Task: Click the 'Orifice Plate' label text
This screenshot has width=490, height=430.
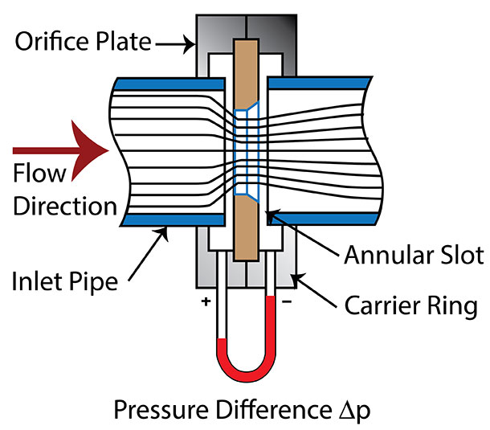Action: coord(85,40)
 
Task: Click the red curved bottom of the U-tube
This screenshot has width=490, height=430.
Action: coord(244,366)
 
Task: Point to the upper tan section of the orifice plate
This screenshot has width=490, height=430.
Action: coord(245,72)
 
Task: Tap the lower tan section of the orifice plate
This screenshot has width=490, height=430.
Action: coord(245,229)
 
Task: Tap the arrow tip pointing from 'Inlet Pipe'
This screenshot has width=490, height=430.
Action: coord(165,228)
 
